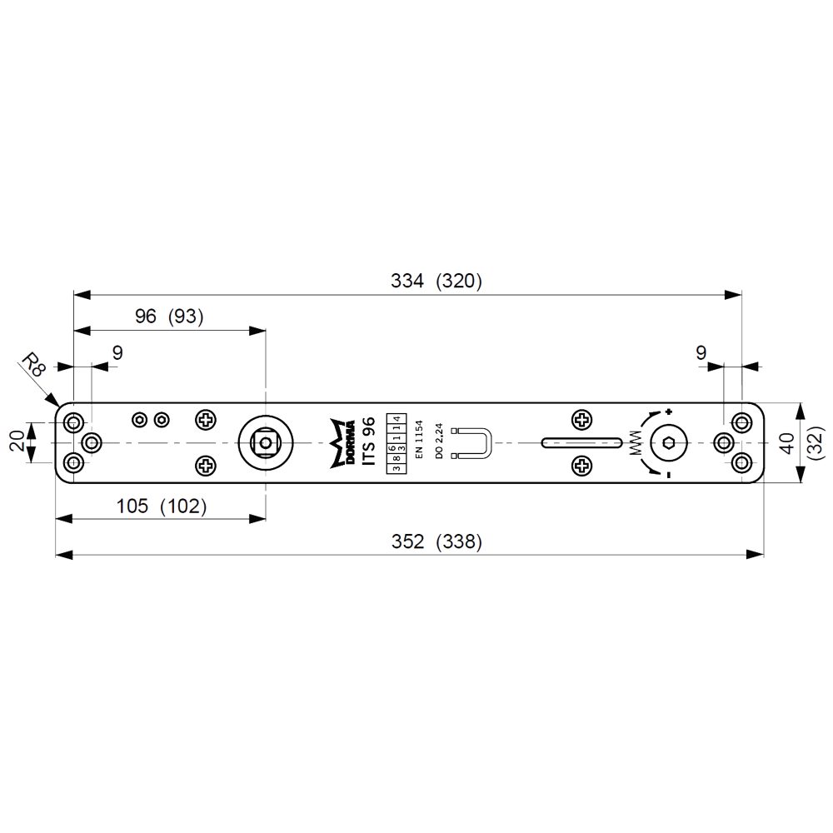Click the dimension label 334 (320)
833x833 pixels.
[436, 281]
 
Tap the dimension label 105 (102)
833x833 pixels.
[162, 506]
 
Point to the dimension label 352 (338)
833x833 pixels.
[436, 541]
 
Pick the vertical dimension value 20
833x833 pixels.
[18, 441]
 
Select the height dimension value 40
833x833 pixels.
[787, 443]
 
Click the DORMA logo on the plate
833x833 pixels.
[342, 443]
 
